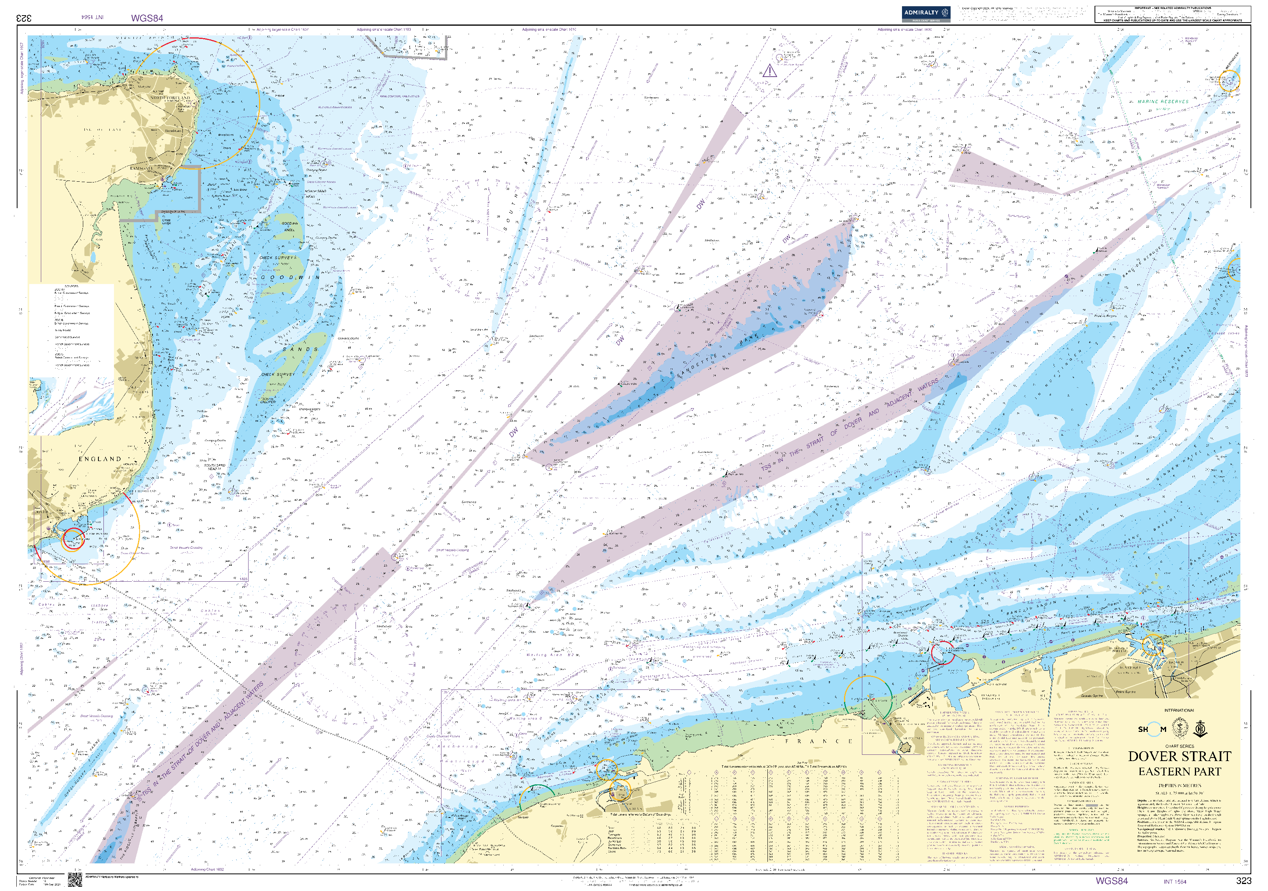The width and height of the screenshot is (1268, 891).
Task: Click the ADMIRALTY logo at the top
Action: coord(926,13)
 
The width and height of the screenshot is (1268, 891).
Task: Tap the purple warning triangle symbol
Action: coord(770,71)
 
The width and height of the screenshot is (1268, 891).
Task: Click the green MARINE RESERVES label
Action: coord(1163,102)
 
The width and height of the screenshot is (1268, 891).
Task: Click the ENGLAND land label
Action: coord(100,459)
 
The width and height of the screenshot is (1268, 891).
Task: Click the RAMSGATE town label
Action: coord(141,168)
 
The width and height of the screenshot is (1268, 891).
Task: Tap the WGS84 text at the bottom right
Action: coord(1111,881)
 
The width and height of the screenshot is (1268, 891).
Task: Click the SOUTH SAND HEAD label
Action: coord(214,467)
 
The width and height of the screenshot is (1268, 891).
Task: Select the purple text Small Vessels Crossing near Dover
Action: coord(186,548)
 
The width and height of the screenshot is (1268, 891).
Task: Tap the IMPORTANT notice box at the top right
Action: coord(1172,14)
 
